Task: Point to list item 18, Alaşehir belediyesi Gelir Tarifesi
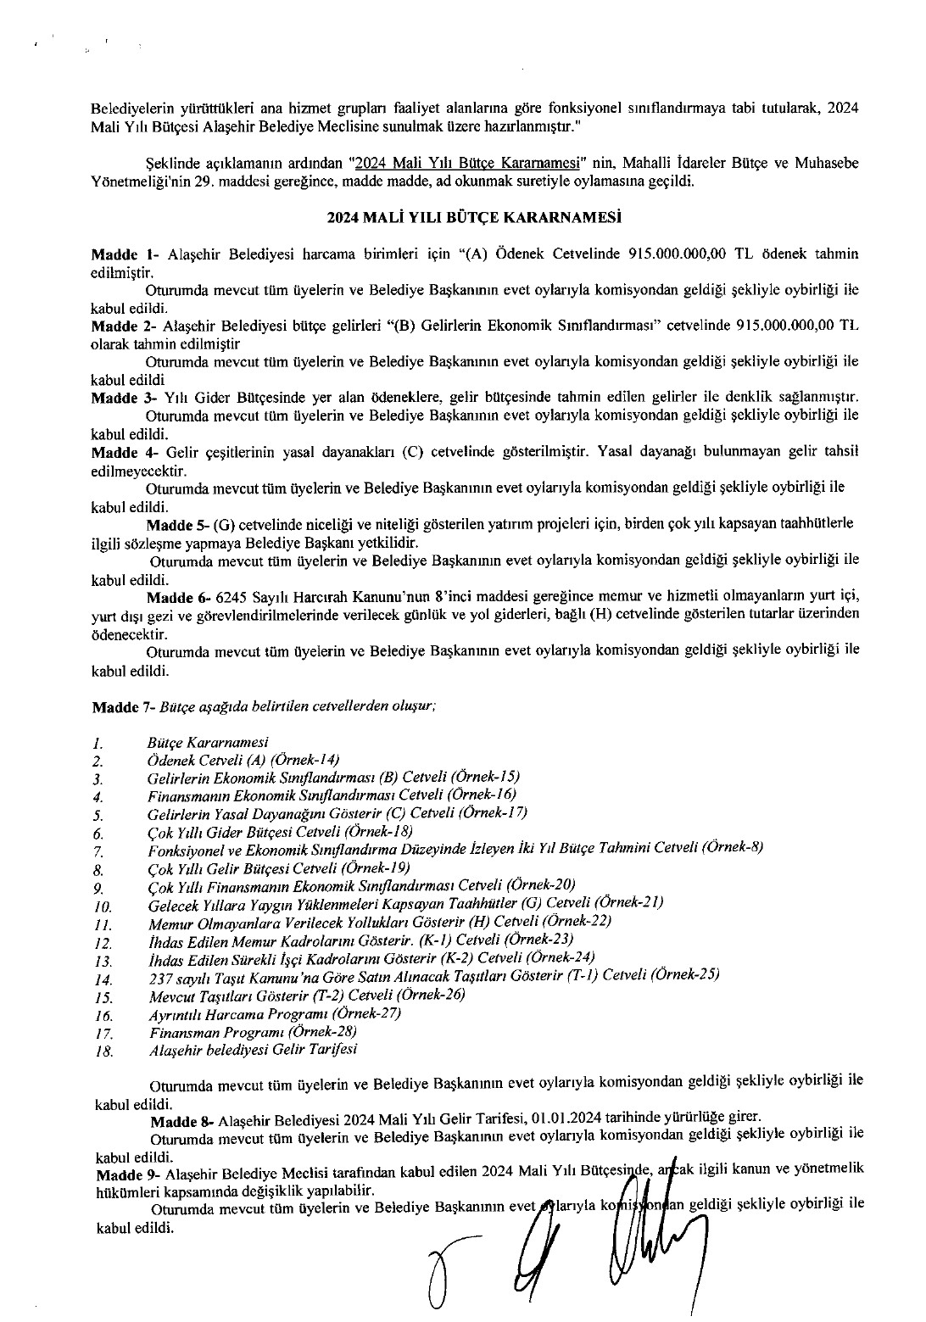click(252, 1050)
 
